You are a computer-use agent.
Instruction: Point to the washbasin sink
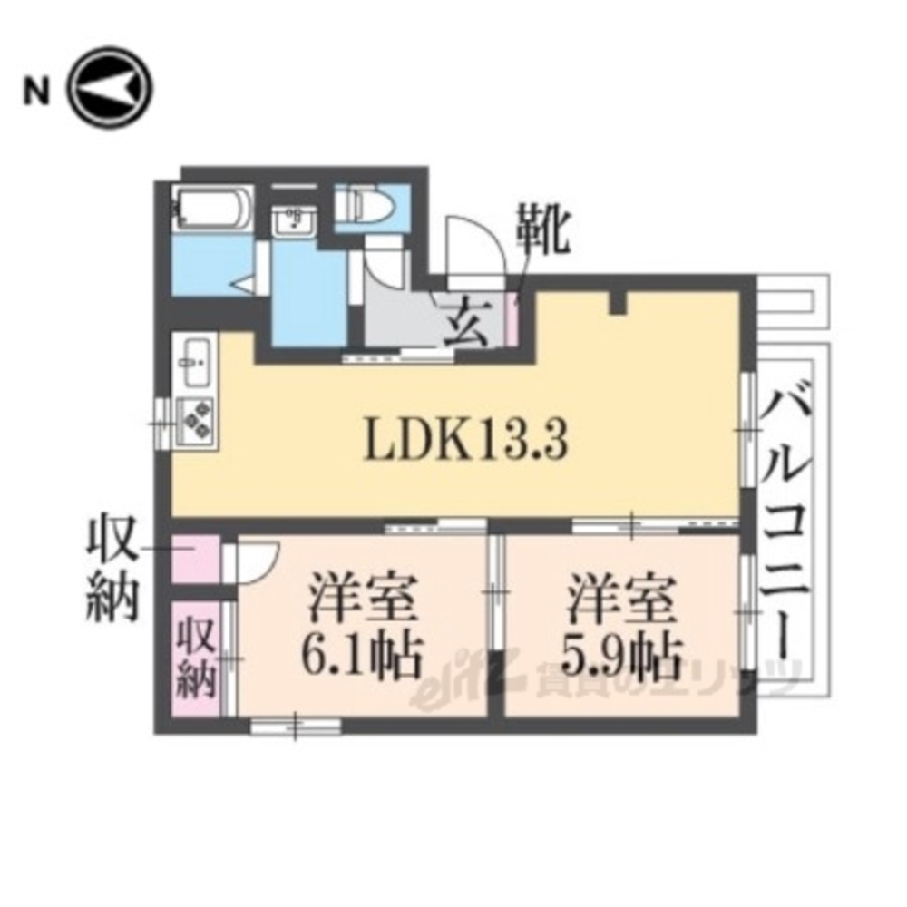coord(294,220)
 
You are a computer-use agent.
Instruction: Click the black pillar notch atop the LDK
coord(619,303)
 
